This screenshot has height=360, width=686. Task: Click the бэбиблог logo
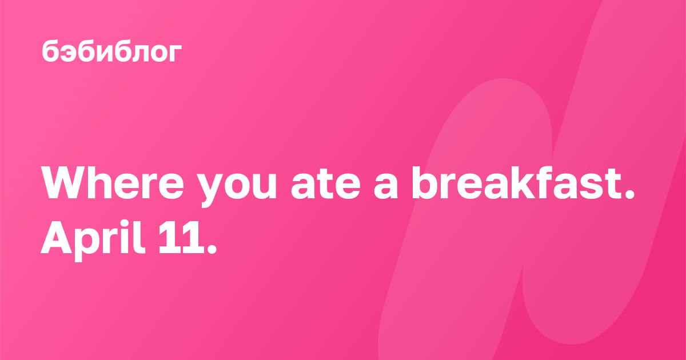tap(112, 51)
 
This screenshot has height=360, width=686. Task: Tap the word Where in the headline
tap(113, 183)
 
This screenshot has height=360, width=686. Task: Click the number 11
tap(181, 237)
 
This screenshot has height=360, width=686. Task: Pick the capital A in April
tap(57, 237)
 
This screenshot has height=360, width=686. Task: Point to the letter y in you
tap(209, 191)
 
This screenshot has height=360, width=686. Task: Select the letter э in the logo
tap(71, 53)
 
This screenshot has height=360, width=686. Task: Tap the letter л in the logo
tap(137, 53)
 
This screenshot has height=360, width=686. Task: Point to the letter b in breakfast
tap(424, 183)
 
